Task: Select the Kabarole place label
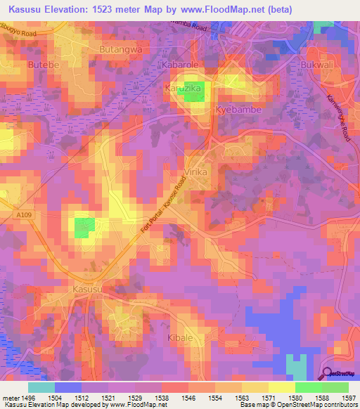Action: point(181,64)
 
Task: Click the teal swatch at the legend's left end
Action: point(41,387)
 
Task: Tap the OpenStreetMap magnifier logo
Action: point(327,375)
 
